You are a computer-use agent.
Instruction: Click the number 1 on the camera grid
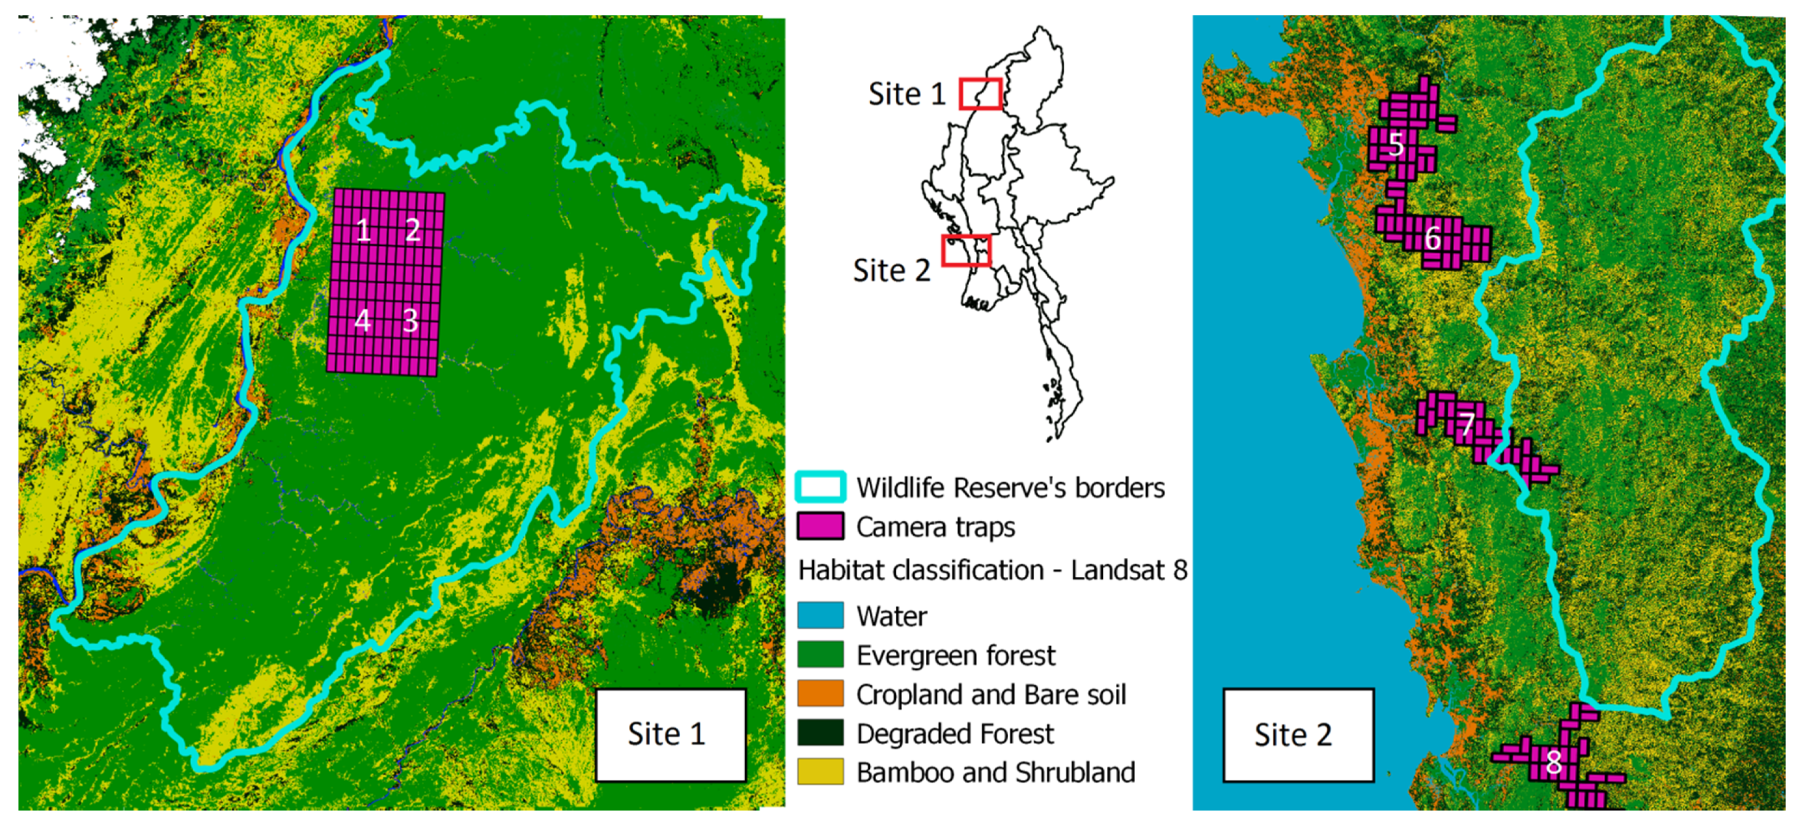pos(362,229)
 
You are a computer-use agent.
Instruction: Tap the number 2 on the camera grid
pos(413,229)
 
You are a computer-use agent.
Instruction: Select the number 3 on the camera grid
pos(411,320)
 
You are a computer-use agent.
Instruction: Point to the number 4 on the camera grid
pos(362,320)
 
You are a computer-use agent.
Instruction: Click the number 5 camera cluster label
pos(1396,145)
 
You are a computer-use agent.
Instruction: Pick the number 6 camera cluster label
pos(1432,239)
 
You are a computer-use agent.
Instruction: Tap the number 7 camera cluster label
pos(1467,424)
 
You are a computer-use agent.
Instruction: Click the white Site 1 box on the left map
pos(670,734)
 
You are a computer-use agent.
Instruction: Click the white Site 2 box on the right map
pos(1298,735)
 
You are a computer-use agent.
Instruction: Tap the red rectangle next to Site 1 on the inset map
pos(980,94)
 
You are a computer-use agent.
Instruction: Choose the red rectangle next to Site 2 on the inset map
pos(965,250)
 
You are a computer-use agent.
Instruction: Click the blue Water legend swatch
pos(820,615)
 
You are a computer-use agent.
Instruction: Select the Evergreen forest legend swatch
pos(820,654)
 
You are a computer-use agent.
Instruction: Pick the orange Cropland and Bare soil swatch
pos(820,694)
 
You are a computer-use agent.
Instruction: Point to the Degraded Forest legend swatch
pos(820,732)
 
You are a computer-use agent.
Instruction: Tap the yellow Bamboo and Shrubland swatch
pos(820,771)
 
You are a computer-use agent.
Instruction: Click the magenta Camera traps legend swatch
pos(820,526)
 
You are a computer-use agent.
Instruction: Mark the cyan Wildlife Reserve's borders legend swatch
pos(820,487)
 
